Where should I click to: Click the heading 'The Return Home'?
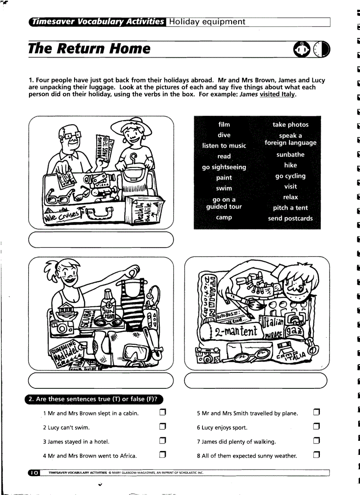(x=89, y=48)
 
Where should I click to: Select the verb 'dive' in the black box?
(x=224, y=135)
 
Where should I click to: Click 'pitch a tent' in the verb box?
(x=290, y=208)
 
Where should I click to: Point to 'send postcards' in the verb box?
(x=290, y=218)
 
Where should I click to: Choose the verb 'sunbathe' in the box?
(x=290, y=155)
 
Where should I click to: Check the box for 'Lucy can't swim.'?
(x=162, y=427)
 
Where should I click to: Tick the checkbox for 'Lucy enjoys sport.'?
(x=316, y=427)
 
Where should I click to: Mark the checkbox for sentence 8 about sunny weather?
(x=316, y=455)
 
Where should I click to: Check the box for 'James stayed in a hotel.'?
(x=162, y=441)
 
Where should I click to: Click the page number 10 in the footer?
(x=34, y=473)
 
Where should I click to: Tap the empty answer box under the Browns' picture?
(x=101, y=239)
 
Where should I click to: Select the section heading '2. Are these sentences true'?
(x=93, y=399)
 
